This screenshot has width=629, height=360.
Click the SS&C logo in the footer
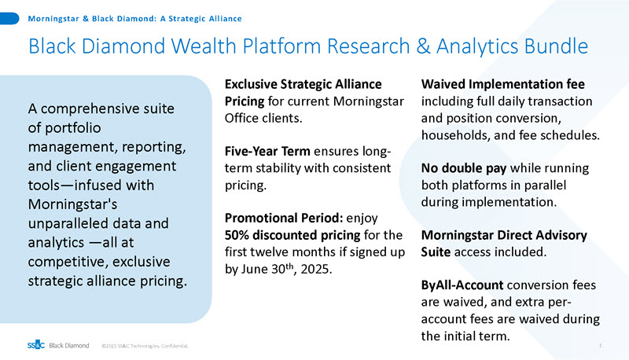coord(35,344)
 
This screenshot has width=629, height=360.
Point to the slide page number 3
coord(600,344)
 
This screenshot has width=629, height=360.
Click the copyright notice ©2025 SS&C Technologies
coord(145,344)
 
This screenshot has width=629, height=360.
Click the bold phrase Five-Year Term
coord(267,151)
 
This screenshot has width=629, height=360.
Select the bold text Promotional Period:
coord(282,218)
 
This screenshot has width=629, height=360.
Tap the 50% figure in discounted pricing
coord(240,235)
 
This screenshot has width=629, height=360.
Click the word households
coord(457,134)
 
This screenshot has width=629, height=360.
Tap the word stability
coord(279,168)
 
